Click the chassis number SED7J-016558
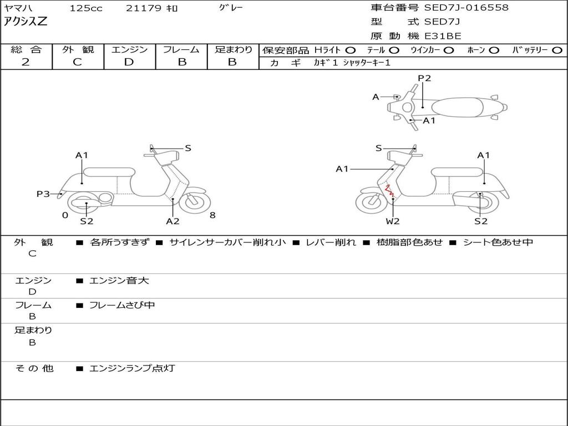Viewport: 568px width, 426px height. [x=466, y=8]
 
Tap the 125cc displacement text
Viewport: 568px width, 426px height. [x=86, y=8]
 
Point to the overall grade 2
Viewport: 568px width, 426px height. [x=26, y=62]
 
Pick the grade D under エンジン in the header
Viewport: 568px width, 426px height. [x=129, y=62]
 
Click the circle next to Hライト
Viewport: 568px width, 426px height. [x=351, y=50]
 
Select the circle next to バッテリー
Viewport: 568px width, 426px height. [x=557, y=50]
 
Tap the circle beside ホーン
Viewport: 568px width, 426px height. [x=494, y=50]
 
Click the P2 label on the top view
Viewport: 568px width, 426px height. [x=424, y=78]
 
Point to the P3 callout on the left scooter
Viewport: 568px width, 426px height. [x=43, y=194]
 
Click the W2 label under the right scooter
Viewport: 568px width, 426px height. [x=392, y=221]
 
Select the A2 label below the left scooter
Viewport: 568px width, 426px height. [x=173, y=221]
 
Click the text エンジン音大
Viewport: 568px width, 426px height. [x=119, y=280]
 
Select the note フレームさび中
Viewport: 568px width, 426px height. [x=122, y=305]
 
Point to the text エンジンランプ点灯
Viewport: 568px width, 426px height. [x=132, y=368]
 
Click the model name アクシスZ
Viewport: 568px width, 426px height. [x=26, y=22]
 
